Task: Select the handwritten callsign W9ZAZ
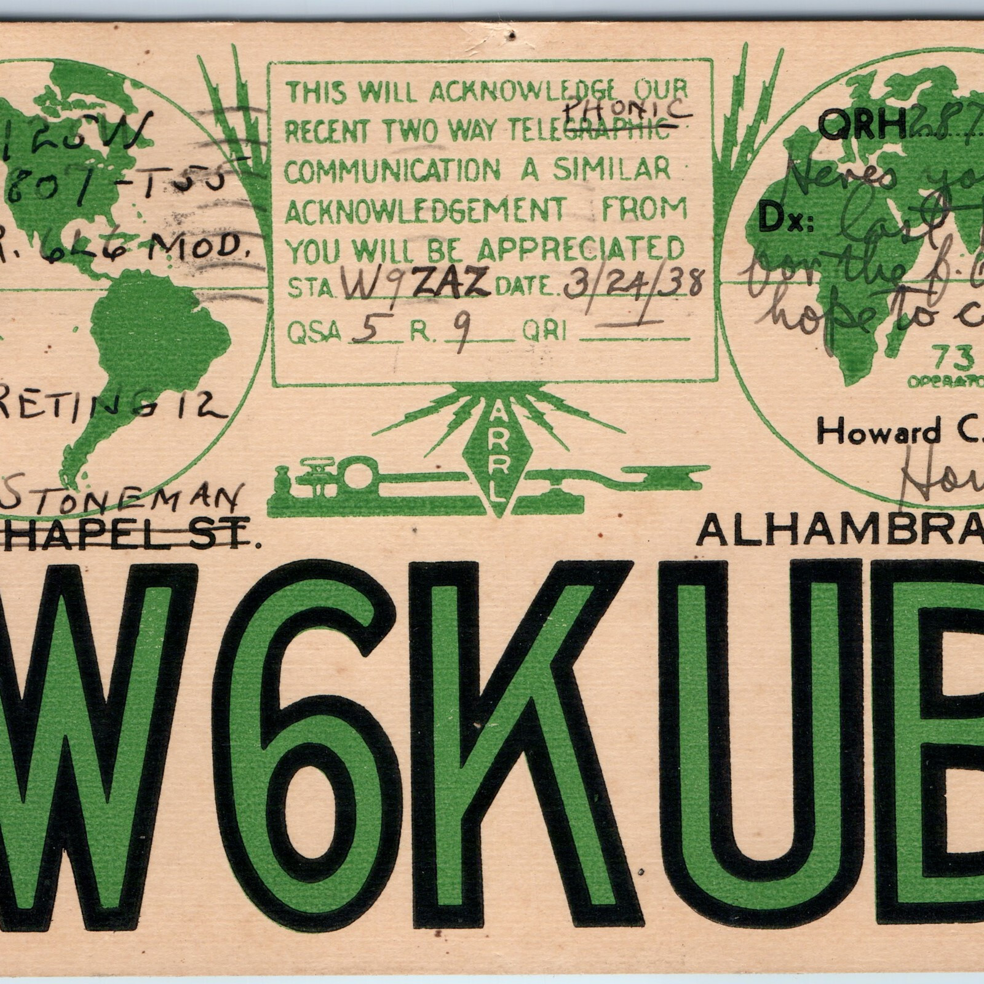coord(416,285)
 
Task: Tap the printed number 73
coord(945,355)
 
